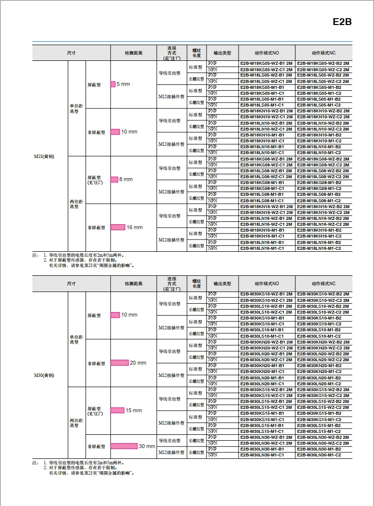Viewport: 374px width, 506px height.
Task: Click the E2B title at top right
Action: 342,22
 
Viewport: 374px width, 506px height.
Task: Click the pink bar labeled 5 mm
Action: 113,84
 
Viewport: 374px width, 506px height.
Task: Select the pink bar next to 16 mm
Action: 118,227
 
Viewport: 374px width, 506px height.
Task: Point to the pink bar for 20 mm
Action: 119,363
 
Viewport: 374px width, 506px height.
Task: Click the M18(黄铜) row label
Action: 44,156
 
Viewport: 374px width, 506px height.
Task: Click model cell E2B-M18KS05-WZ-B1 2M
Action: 266,63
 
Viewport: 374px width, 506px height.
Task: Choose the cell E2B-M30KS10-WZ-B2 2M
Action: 323,293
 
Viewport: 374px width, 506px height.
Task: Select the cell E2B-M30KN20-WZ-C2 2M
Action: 323,347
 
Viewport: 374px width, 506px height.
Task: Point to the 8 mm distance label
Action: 126,179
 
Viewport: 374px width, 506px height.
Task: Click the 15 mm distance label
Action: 134,410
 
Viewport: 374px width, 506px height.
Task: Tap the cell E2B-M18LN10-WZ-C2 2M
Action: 323,129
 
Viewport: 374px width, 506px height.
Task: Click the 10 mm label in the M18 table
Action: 129,132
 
